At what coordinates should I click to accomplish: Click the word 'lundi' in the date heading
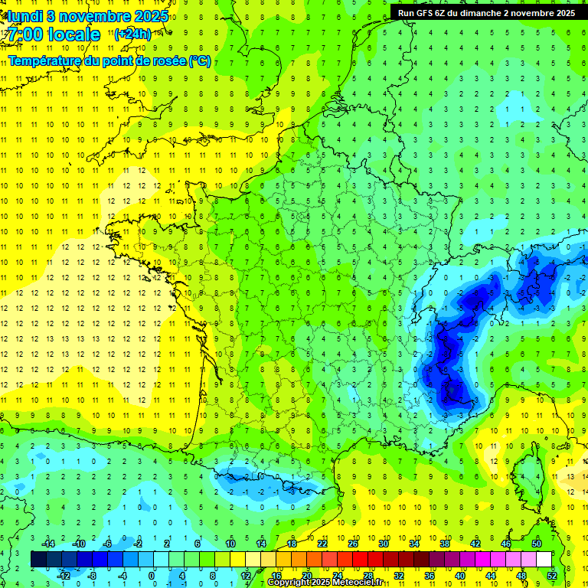(23, 15)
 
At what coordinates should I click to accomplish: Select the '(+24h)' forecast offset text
(132, 34)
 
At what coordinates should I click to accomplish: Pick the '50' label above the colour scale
(536, 544)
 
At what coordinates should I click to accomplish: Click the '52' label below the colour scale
(552, 575)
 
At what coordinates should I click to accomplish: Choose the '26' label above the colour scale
(353, 544)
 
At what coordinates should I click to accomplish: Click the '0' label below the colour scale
(152, 575)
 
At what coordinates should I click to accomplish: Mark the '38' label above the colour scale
(444, 544)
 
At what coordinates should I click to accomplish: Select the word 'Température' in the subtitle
(47, 60)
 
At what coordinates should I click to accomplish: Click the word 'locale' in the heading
(73, 34)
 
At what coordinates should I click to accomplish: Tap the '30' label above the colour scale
(383, 544)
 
